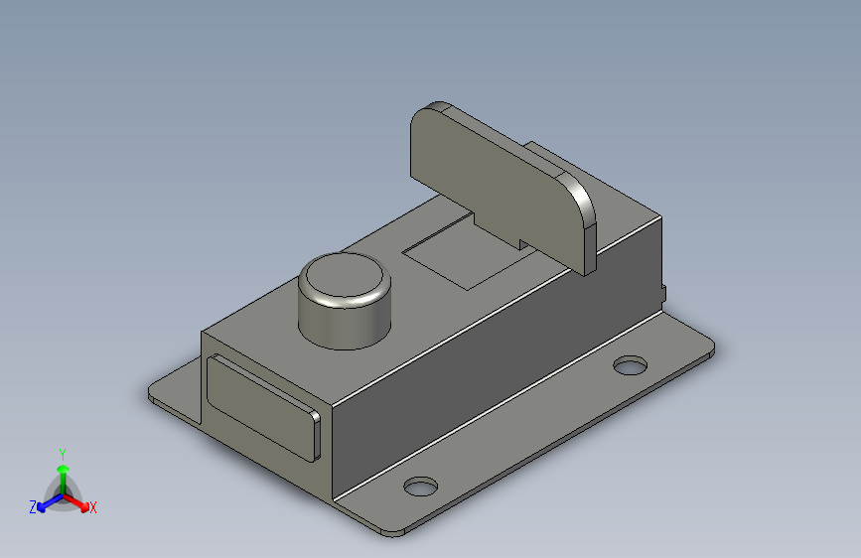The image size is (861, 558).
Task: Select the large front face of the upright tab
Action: point(495,186)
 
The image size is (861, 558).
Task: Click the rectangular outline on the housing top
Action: point(467,252)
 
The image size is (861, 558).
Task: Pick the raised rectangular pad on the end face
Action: point(262,407)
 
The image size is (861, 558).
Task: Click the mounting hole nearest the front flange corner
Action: point(421,487)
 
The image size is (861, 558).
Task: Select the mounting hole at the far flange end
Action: point(630,365)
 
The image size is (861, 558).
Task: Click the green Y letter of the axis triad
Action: point(63,455)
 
